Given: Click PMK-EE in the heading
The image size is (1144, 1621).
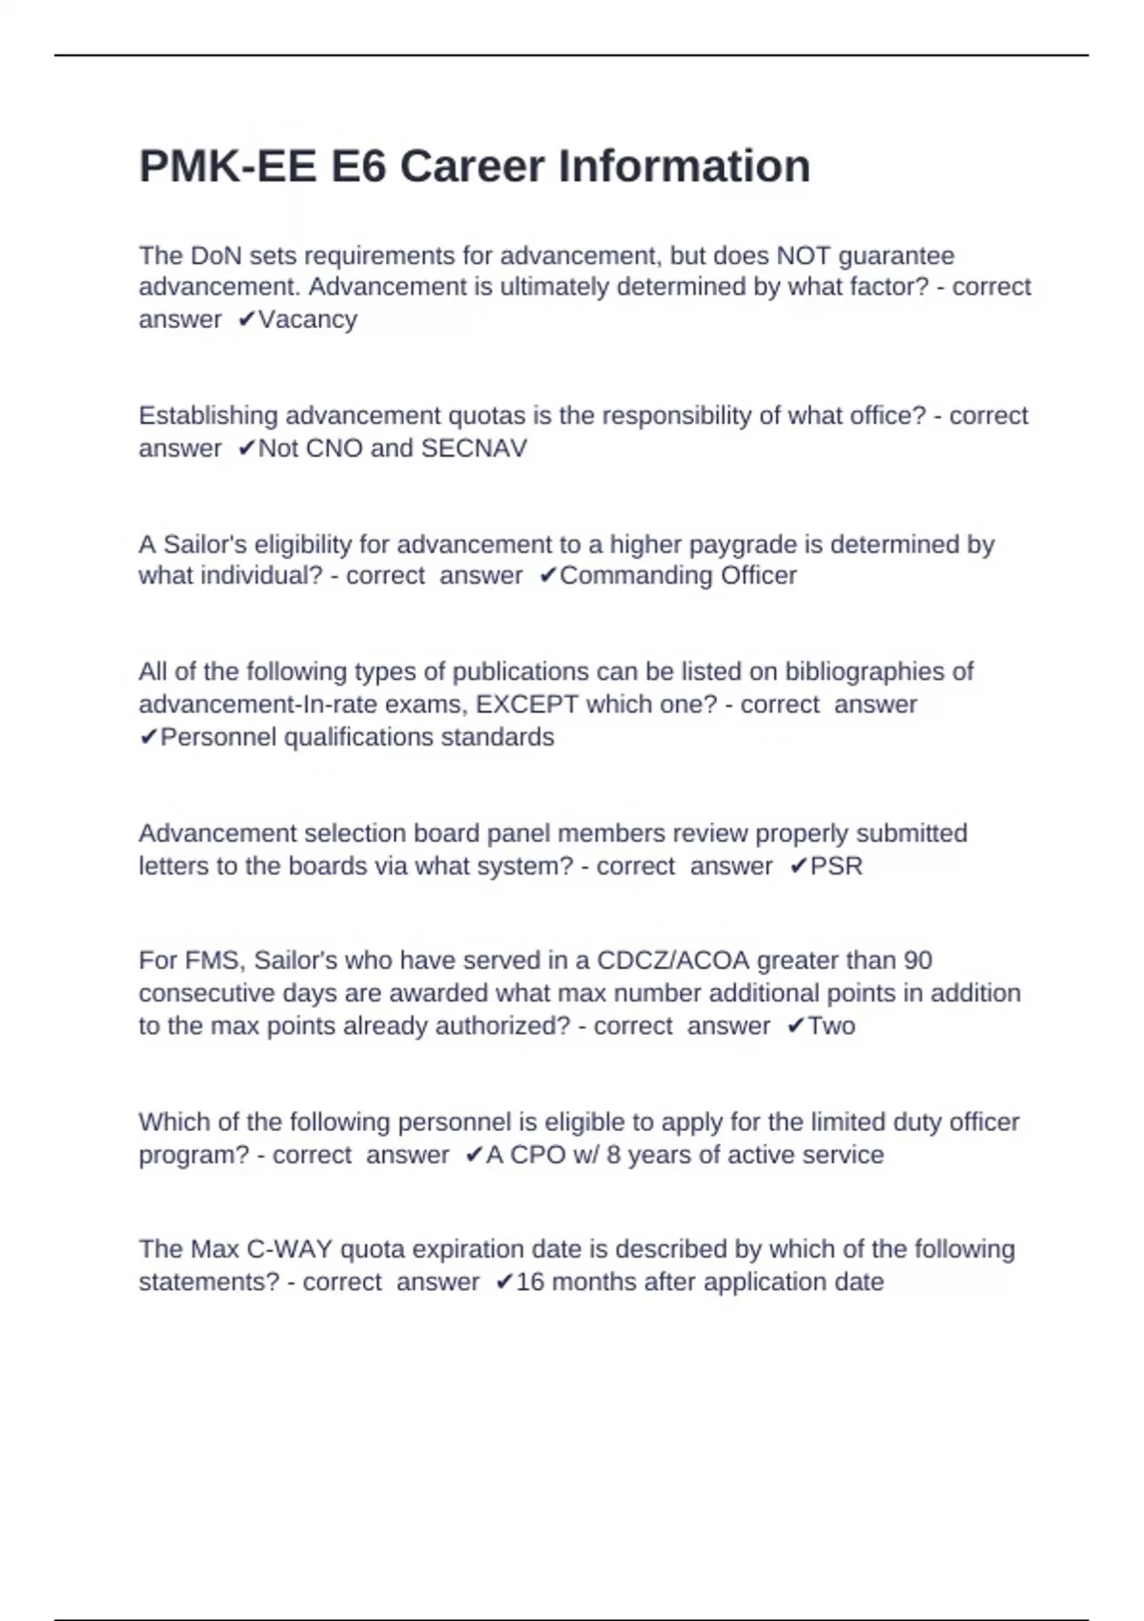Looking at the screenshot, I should pos(228,167).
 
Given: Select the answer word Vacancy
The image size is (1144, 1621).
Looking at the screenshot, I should pos(308,319).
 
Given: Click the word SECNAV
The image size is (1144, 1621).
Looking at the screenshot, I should pos(474,448).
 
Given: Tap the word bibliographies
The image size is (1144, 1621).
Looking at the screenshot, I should pos(866,672).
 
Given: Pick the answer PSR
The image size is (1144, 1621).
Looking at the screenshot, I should pos(836,866).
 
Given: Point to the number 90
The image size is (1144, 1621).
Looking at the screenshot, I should pos(917,960).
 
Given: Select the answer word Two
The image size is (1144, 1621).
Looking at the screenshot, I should pos(831,1026).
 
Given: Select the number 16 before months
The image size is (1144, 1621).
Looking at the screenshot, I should pos(530,1282).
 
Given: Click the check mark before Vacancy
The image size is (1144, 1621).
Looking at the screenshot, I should pos(246,320).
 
